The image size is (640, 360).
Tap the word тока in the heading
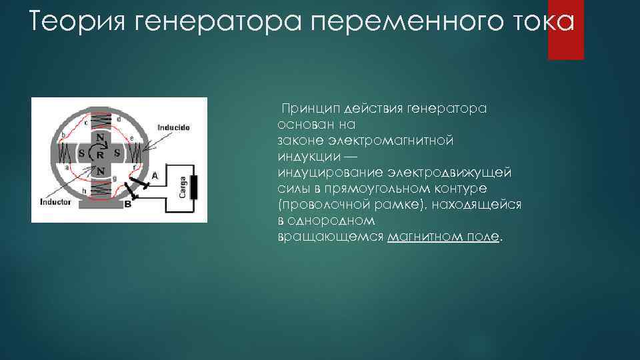click(535, 23)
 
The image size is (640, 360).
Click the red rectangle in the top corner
click(565, 29)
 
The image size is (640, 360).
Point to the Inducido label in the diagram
click(174, 126)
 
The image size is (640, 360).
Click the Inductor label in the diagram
click(55, 201)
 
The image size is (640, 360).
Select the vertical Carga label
click(181, 186)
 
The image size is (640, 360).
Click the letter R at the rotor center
click(99, 154)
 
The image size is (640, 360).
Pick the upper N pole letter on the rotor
click(99, 138)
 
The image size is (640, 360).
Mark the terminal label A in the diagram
click(154, 176)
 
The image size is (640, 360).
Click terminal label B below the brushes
click(127, 205)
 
